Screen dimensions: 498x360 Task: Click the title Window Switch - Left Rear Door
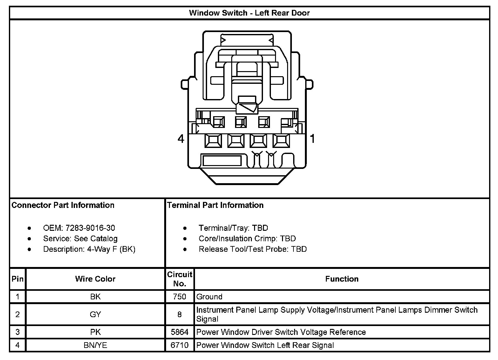(x=249, y=13)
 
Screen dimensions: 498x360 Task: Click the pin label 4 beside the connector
(x=181, y=139)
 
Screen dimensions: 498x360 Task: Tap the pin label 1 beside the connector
(x=313, y=138)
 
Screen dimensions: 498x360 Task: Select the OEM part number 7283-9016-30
(x=90, y=228)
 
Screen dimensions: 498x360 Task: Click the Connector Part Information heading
(x=63, y=205)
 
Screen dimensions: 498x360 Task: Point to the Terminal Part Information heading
(x=215, y=205)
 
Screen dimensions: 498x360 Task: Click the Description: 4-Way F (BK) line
(x=89, y=249)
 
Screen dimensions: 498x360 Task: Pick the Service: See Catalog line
(x=80, y=238)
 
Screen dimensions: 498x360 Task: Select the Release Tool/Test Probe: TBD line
(x=253, y=249)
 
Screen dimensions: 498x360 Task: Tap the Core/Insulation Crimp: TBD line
(x=247, y=238)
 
